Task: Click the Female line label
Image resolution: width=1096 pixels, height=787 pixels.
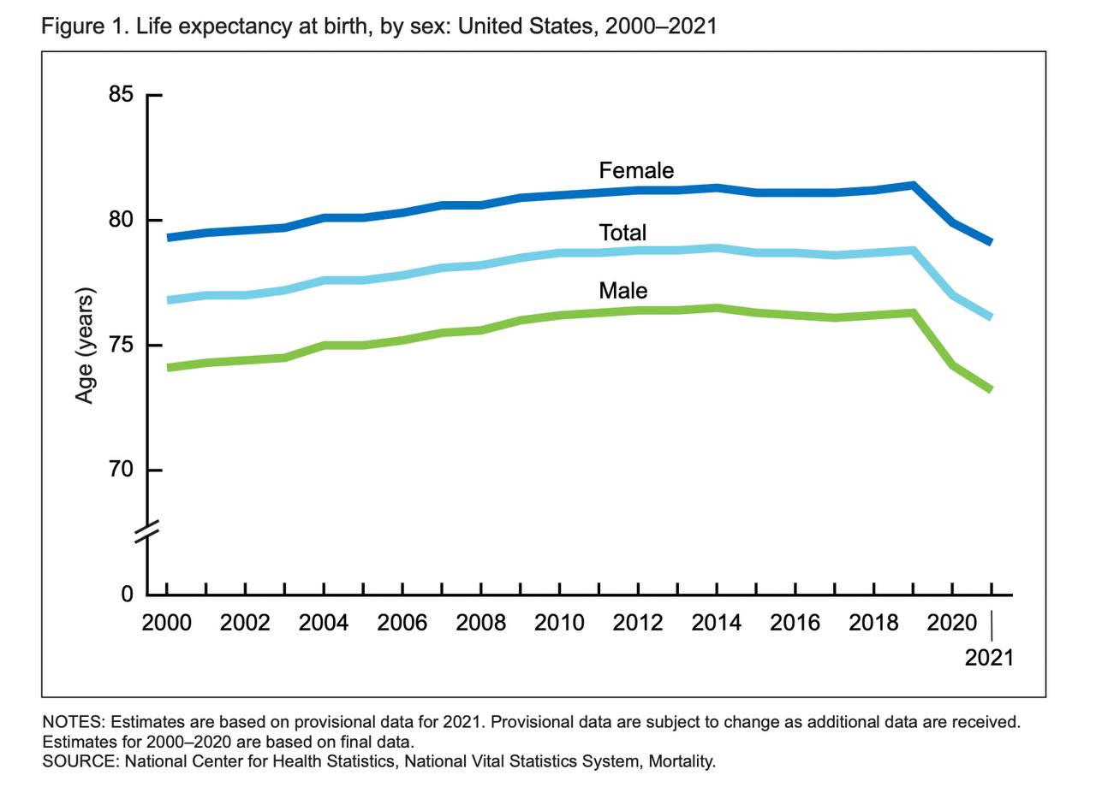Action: coord(636,169)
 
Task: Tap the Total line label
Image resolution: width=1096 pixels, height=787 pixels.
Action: coord(622,232)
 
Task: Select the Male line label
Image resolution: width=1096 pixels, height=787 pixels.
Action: coord(622,290)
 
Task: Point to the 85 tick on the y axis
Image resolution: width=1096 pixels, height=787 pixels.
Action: coord(121,95)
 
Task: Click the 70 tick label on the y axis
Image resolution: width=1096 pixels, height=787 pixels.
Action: coord(121,470)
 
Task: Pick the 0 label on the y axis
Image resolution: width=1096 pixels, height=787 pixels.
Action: coord(127,595)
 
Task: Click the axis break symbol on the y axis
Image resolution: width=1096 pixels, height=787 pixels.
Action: coord(147,532)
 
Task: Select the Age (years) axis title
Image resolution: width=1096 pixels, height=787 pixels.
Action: coord(84,346)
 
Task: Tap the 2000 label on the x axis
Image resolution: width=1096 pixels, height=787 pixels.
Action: coord(166,622)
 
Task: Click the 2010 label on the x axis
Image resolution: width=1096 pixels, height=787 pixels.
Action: coord(559,622)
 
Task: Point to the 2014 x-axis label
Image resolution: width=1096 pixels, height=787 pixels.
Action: coord(717,622)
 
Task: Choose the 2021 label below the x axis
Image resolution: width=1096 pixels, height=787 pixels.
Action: coord(989,657)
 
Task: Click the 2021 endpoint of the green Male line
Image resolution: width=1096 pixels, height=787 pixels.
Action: coord(991,389)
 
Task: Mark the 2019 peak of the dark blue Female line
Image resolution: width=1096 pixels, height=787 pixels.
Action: coord(914,185)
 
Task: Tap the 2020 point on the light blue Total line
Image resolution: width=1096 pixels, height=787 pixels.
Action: coord(952,295)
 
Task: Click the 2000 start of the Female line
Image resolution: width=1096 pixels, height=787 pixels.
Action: coord(168,237)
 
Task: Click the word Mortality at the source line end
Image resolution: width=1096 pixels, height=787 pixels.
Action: coord(682,760)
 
